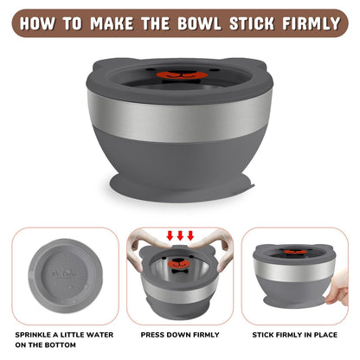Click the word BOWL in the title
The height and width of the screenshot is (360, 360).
[199, 23]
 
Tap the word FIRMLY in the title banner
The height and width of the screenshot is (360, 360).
[312, 23]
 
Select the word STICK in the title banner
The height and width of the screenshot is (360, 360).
[252, 23]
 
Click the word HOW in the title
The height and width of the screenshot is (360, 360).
[37, 23]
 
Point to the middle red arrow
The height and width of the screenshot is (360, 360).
[180, 235]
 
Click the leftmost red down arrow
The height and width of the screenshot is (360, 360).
[170, 235]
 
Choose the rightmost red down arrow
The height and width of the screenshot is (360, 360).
[190, 235]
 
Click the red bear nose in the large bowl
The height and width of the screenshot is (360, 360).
[182, 75]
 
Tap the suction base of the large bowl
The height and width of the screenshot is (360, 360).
[183, 188]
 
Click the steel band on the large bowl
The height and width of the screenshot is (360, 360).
[179, 117]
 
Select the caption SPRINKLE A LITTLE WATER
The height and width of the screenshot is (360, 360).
[64, 335]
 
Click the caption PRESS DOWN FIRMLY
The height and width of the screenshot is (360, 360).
[180, 335]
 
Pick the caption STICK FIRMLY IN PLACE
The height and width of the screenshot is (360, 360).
[295, 335]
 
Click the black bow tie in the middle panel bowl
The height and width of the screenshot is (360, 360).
[179, 271]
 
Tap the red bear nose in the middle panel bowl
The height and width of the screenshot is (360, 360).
[179, 264]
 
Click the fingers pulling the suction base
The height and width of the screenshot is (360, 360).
[338, 288]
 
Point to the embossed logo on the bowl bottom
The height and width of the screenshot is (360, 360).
[65, 273]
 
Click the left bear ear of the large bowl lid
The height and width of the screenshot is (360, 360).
[101, 66]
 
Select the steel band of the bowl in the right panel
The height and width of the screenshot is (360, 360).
[294, 270]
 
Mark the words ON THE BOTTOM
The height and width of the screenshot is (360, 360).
[46, 345]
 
